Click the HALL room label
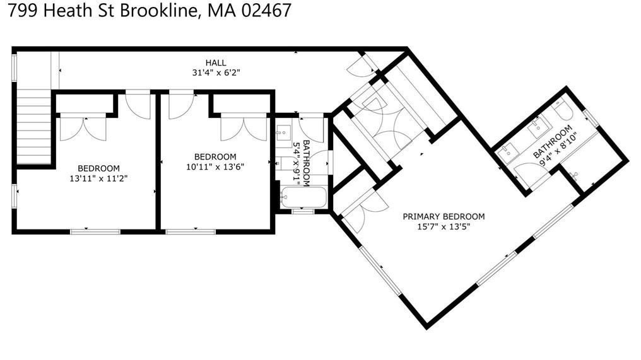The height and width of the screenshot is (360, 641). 215,62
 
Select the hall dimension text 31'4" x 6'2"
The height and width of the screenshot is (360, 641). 215,73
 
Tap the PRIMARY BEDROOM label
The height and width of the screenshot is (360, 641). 444,216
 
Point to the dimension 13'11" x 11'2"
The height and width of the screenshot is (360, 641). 98,178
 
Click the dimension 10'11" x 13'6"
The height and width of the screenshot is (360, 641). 215,167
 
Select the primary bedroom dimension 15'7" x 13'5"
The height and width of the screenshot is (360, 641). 444,226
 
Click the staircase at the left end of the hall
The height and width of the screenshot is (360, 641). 33,126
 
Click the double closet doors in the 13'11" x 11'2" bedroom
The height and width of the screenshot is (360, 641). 83,128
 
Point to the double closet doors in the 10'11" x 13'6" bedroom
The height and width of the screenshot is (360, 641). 244,128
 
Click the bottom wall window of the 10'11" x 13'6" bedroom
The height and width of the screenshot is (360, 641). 191,231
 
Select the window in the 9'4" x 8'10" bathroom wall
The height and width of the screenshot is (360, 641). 591,118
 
